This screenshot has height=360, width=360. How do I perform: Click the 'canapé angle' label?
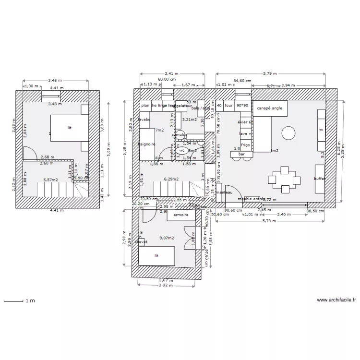tap(269, 108)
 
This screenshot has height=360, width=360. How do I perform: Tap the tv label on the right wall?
tap(321, 130)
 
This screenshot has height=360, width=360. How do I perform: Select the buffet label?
tap(320, 179)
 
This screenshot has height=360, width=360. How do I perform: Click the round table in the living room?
tap(288, 132)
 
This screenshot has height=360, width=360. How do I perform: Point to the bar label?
tap(241, 154)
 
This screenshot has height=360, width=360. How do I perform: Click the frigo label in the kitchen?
tap(245, 144)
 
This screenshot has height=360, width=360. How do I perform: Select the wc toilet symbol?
tap(181, 150)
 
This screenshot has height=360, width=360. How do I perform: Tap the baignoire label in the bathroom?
tap(146, 144)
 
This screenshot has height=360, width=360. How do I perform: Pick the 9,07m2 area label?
tap(167, 237)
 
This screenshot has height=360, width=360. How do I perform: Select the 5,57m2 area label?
tap(50, 180)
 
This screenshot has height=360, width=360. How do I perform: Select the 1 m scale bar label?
tap(30, 300)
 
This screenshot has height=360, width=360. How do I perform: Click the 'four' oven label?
tap(228, 106)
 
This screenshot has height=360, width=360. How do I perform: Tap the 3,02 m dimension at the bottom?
tap(166, 286)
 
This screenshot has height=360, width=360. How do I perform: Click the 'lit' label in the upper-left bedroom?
tap(70, 128)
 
